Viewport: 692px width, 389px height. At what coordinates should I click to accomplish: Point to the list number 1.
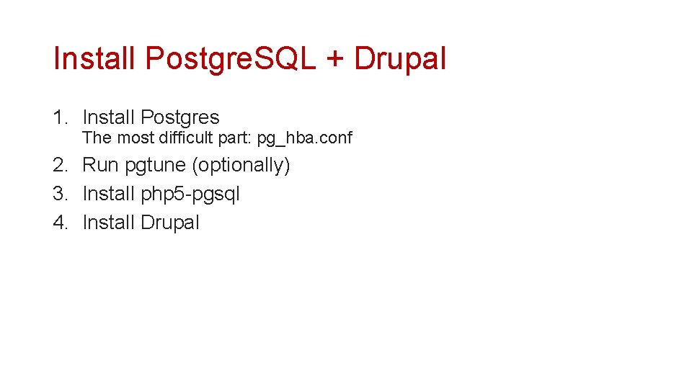point(59,117)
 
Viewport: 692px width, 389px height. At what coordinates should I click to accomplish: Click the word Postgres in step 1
point(179,117)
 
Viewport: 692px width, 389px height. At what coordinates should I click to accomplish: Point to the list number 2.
point(59,165)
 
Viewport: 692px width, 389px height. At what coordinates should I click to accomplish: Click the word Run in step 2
point(100,165)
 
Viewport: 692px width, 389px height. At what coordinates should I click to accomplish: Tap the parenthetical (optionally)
point(241,166)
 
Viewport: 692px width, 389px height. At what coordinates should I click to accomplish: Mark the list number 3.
point(59,194)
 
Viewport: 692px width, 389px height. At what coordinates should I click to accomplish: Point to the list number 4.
point(59,223)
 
